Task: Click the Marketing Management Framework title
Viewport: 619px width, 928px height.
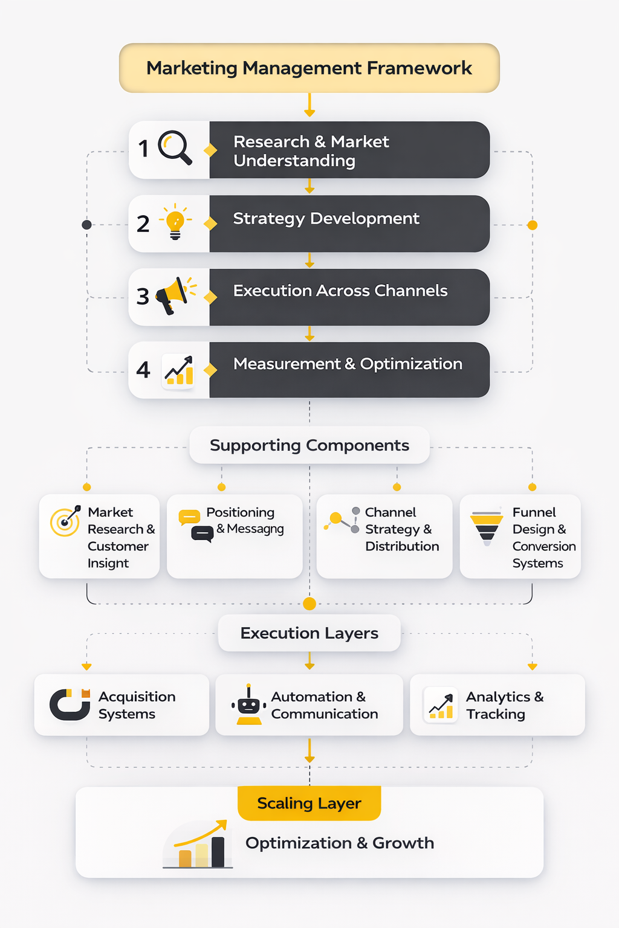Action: (x=309, y=68)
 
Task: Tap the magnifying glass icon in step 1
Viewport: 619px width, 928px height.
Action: (x=175, y=148)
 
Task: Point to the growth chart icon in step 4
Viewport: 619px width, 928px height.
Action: (x=179, y=370)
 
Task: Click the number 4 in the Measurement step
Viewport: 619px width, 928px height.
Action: (x=143, y=370)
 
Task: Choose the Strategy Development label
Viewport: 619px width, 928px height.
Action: (x=326, y=219)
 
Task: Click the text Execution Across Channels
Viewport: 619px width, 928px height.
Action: (x=340, y=291)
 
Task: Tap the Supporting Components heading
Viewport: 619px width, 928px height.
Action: (x=309, y=445)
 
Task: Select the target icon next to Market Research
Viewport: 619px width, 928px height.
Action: (x=65, y=521)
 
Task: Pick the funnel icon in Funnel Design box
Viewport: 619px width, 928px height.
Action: (x=487, y=527)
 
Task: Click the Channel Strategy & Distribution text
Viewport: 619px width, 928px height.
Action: (x=402, y=529)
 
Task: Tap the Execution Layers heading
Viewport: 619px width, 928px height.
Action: (x=309, y=633)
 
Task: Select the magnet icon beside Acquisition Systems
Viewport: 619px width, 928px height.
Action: (x=70, y=704)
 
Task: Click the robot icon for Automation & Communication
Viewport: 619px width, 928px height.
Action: (x=248, y=705)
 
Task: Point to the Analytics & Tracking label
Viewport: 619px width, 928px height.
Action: (x=504, y=705)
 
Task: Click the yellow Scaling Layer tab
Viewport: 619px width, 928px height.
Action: (x=309, y=803)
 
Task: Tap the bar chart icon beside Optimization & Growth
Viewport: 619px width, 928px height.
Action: (x=198, y=845)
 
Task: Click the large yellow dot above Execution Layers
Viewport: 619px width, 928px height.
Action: (x=309, y=604)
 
